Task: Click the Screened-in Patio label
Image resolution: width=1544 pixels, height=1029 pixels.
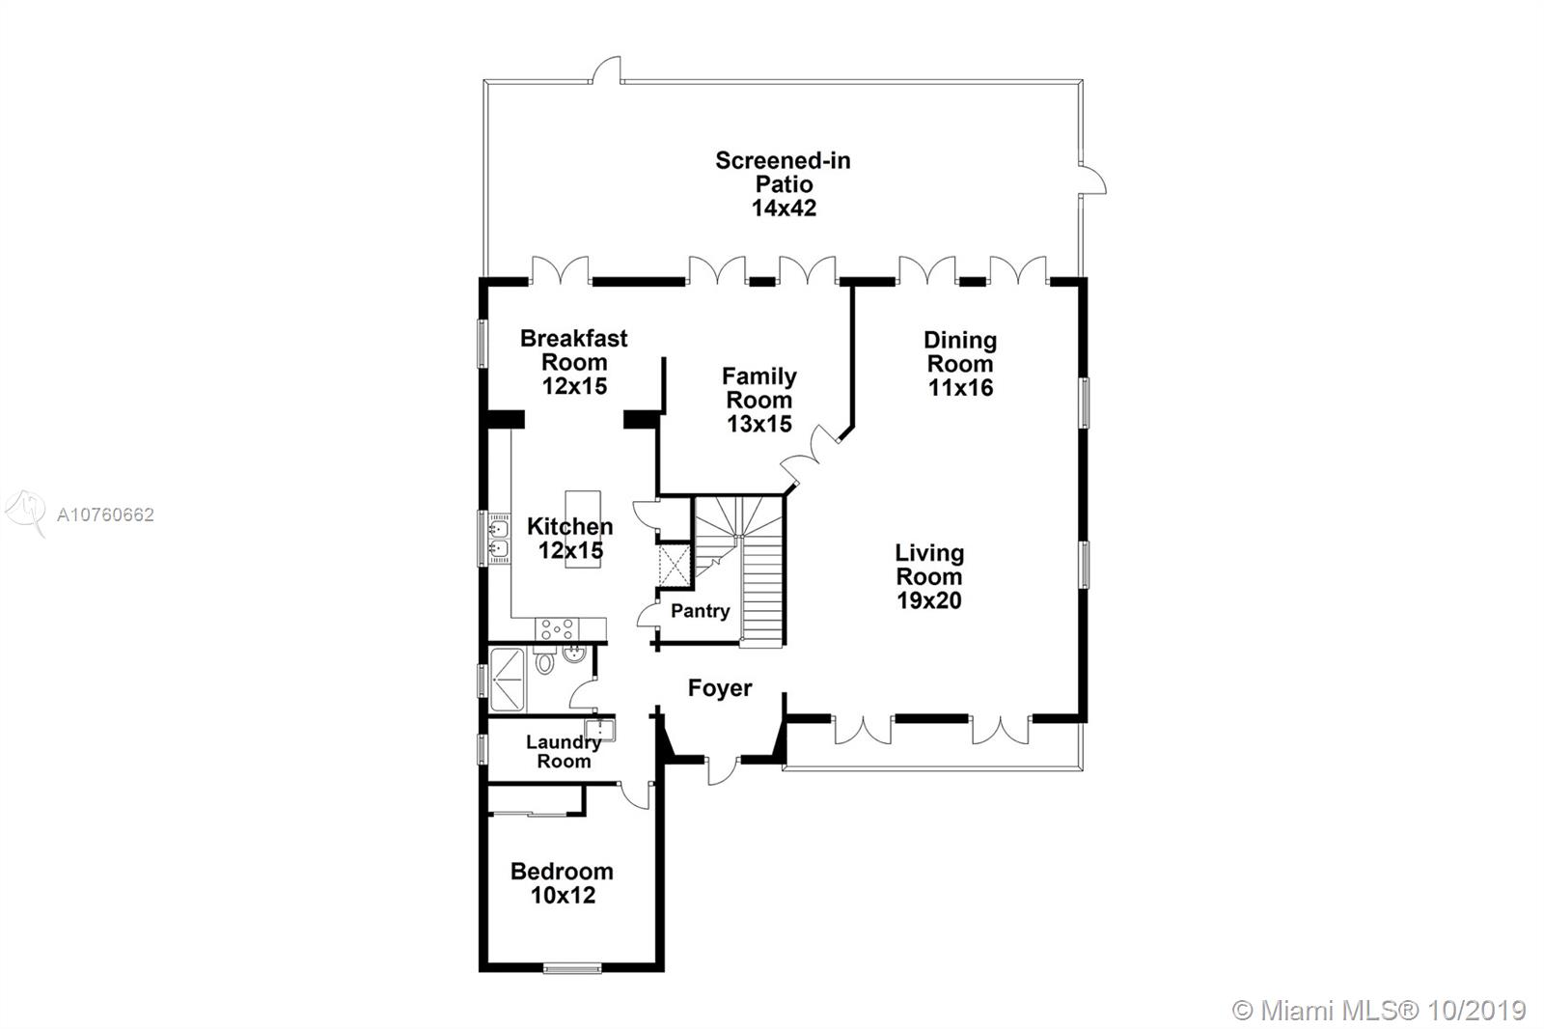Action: (x=783, y=183)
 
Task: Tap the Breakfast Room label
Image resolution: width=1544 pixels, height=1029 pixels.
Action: (x=573, y=362)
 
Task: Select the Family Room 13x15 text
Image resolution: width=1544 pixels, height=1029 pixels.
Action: (x=758, y=400)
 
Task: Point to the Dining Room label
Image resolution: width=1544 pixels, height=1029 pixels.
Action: (x=960, y=364)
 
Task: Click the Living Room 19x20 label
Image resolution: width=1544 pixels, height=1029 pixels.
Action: (x=929, y=576)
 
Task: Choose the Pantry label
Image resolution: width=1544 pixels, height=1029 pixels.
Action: (x=701, y=611)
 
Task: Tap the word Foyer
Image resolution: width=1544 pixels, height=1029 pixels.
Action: (x=720, y=687)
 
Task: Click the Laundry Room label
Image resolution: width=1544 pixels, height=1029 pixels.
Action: (x=564, y=752)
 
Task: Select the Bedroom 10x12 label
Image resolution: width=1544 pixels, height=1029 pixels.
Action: (x=562, y=883)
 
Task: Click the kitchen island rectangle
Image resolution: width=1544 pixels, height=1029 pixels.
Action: (x=583, y=529)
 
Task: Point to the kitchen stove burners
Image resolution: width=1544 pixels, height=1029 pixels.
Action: (x=557, y=629)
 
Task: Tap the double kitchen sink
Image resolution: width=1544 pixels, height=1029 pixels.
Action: (x=498, y=539)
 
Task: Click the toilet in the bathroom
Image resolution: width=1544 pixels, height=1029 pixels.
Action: (x=544, y=659)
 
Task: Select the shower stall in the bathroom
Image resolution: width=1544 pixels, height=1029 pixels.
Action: (x=508, y=680)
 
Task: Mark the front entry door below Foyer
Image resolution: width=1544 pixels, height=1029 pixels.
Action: (x=723, y=771)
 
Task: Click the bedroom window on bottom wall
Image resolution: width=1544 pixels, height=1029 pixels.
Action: (x=572, y=969)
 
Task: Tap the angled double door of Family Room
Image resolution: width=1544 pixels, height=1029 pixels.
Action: (x=812, y=453)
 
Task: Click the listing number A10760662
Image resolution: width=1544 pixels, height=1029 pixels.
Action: (x=105, y=514)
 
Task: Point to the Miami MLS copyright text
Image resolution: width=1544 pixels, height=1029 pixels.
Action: (x=1379, y=1011)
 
